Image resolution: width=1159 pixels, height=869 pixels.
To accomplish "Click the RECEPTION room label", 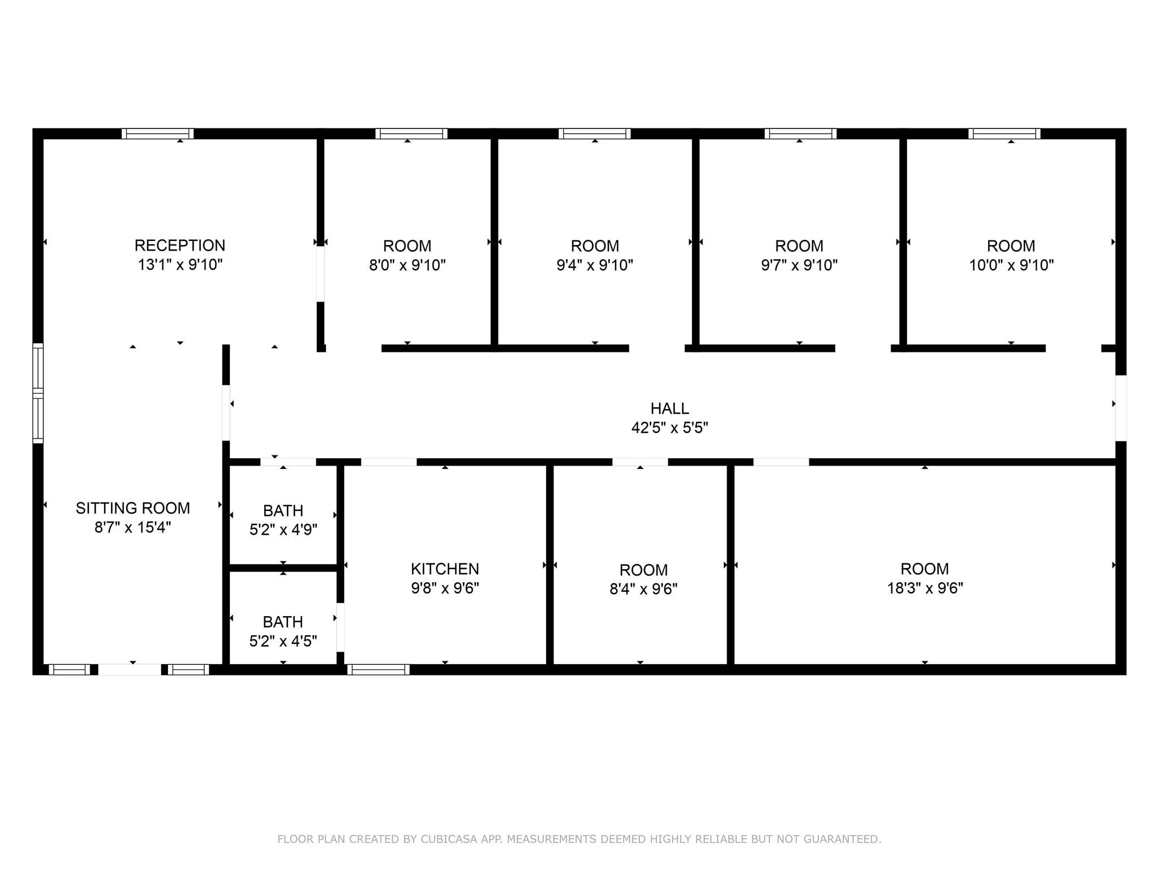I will point(179,246).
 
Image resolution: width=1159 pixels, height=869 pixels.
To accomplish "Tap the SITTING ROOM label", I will point(133,508).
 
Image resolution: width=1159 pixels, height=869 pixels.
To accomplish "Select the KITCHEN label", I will point(445,569).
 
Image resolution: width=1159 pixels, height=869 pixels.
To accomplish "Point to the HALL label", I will point(669,408).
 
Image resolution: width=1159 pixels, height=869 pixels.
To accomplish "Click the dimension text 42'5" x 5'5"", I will point(669,428).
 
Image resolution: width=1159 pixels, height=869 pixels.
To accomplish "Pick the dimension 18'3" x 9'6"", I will point(925,588).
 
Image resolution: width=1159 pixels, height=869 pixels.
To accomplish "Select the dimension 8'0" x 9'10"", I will point(407,265).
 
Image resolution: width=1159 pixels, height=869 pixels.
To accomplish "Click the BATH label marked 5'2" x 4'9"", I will point(283,511).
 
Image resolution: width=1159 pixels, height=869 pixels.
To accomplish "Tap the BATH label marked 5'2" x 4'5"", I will point(283,622).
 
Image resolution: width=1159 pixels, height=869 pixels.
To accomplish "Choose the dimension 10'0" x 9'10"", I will point(1011,265).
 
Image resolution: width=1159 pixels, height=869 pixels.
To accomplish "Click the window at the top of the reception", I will point(158,134).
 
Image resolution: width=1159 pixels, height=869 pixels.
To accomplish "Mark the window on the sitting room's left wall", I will point(38,393).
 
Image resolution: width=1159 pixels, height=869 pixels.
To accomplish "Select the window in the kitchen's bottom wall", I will point(379,670).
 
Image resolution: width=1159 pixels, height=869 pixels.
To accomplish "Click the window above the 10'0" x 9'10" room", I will point(1005,134).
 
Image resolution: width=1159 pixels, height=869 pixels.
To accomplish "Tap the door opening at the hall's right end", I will point(1121,408).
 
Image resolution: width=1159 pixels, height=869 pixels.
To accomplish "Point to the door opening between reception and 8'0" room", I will point(320,274).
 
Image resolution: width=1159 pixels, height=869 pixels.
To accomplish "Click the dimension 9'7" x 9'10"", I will point(799,265).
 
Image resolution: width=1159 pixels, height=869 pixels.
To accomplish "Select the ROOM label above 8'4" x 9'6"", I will point(643,570).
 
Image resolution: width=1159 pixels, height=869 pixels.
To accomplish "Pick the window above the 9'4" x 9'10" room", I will point(595,134).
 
